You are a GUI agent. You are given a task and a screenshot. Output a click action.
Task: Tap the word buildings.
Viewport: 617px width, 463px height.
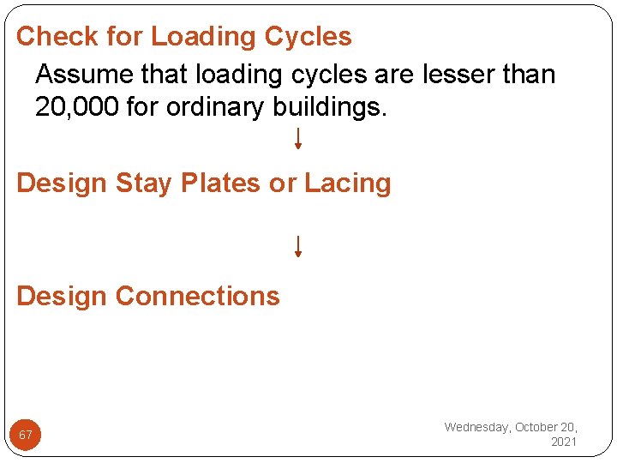(338, 109)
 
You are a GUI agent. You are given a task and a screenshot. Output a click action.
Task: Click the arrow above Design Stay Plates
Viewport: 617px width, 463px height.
(297, 139)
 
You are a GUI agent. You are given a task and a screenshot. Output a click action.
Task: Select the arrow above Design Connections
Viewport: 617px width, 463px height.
(297, 247)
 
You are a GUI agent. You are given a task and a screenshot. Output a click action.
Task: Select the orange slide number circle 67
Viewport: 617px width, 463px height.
(26, 435)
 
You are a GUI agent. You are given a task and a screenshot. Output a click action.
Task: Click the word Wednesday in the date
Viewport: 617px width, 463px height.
(476, 427)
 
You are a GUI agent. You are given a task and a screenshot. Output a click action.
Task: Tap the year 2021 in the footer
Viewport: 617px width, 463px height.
(564, 442)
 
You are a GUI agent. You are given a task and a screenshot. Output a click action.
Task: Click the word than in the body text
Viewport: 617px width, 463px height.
(530, 75)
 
